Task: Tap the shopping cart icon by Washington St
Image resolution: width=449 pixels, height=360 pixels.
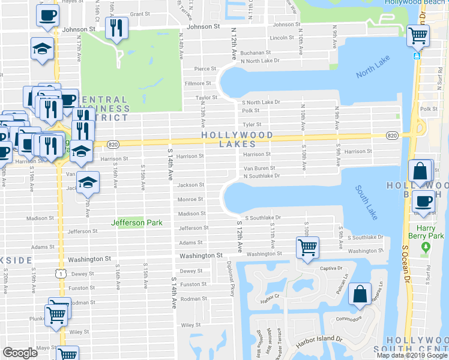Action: point(307,246)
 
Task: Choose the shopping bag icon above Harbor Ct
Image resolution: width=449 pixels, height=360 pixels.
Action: point(360,293)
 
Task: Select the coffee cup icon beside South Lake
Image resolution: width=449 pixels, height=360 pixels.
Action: point(424,201)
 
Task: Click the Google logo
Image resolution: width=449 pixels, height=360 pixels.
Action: point(20,353)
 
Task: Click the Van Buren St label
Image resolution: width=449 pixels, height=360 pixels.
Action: point(259,169)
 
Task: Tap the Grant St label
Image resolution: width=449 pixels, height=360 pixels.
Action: point(139,13)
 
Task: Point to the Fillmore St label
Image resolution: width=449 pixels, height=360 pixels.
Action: point(198,83)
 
